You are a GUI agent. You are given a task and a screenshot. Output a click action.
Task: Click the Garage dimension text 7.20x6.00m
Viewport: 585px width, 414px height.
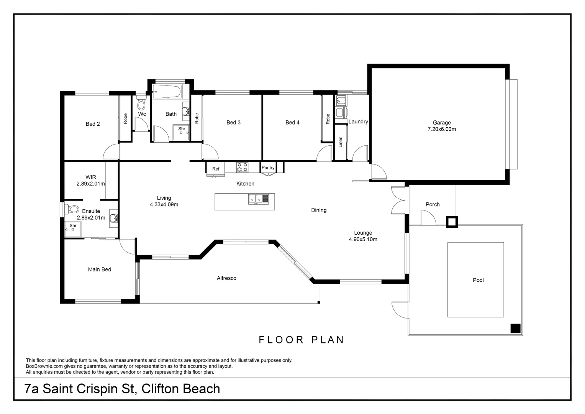point(442,129)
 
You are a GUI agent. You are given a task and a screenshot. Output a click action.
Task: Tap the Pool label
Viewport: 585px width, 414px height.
point(478,280)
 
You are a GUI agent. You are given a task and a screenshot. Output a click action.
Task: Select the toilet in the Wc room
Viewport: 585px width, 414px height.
point(141,103)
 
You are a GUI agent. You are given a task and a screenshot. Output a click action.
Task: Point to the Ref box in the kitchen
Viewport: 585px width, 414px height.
point(216,169)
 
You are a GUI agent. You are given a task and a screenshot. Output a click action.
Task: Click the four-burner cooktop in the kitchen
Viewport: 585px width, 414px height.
point(242,167)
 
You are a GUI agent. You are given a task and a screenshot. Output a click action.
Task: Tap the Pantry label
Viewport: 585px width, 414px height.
point(268,168)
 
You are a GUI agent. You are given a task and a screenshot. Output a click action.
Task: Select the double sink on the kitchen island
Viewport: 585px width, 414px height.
point(256,199)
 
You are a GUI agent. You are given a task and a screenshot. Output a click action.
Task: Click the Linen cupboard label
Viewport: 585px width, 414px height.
point(341,142)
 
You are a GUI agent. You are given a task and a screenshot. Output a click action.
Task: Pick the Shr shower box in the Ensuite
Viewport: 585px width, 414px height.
point(72,228)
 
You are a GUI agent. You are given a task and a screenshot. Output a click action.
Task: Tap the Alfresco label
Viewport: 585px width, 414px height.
point(226,278)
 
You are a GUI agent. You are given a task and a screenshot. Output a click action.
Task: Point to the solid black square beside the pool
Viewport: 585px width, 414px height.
point(515,329)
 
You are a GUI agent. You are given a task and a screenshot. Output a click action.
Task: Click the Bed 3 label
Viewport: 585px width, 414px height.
point(233,123)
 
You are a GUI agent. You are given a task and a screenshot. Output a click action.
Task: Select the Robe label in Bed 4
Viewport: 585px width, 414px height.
point(328,119)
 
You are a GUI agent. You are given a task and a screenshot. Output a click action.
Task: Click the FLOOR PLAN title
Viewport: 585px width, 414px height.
point(302,340)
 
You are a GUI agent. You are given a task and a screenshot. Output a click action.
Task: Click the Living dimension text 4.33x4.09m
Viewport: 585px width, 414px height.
point(164,205)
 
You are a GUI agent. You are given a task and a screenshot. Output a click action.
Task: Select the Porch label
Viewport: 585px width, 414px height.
point(433,205)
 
